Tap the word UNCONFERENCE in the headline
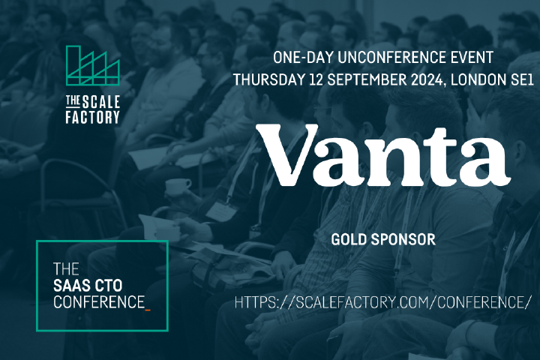[384, 58]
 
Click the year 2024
[427, 80]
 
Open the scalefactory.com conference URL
[381, 302]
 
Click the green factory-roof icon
[93, 65]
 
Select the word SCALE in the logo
[101, 102]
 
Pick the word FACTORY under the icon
[93, 117]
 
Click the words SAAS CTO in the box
[88, 286]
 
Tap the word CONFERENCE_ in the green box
[102, 302]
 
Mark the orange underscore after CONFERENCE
[148, 310]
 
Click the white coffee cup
[178, 187]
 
